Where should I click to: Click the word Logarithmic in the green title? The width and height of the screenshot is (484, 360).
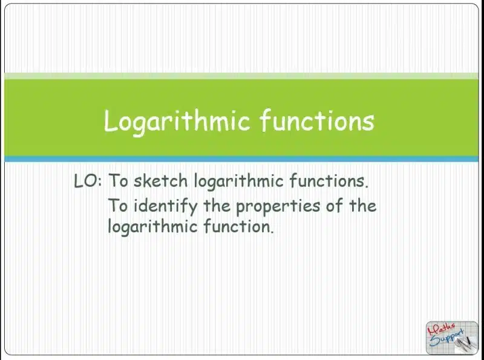177,122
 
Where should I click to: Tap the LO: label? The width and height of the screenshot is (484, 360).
88,181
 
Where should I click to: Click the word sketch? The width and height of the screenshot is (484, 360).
160,181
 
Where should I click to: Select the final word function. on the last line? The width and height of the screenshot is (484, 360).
238,226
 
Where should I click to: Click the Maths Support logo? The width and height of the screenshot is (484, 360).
451,338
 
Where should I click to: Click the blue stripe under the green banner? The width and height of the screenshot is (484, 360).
241,159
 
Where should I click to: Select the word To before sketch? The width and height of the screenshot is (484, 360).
118,181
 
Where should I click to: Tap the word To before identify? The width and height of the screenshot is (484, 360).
118,206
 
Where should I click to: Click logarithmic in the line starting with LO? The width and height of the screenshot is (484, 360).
238,182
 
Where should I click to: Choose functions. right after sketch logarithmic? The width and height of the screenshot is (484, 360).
329,181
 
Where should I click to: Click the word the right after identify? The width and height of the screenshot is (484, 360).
217,205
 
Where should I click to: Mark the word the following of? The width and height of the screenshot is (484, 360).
362,205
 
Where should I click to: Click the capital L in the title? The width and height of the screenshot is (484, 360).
111,121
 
